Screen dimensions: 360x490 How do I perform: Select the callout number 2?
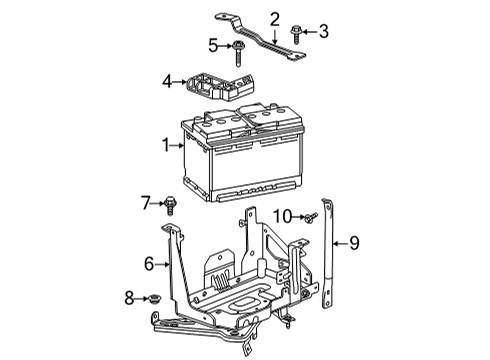(274, 17)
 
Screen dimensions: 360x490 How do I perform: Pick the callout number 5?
(212, 45)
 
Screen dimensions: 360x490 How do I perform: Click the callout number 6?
(148, 264)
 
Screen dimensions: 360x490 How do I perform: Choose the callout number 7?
(145, 204)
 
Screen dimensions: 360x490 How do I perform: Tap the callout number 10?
(282, 215)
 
